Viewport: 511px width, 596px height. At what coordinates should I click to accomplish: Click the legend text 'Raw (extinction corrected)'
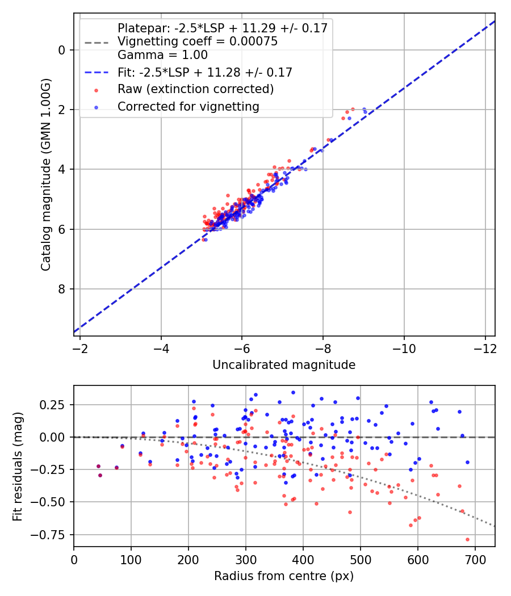195,90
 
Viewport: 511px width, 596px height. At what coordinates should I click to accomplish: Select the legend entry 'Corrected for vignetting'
188,107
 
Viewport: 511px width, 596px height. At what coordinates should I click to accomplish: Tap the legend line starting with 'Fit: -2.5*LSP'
204,73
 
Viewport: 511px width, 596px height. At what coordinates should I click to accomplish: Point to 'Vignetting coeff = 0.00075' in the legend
197,41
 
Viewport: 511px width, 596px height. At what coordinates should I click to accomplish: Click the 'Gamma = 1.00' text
162,55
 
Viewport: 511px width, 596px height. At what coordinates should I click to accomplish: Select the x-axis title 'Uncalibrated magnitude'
284,365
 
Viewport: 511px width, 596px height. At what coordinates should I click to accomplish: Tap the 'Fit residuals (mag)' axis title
17,466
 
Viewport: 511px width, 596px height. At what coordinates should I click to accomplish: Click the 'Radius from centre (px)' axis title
284,576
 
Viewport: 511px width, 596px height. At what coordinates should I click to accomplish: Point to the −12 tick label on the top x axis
485,347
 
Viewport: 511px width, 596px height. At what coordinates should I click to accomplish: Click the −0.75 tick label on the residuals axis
52,534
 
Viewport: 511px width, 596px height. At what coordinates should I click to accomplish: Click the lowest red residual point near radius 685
467,539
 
